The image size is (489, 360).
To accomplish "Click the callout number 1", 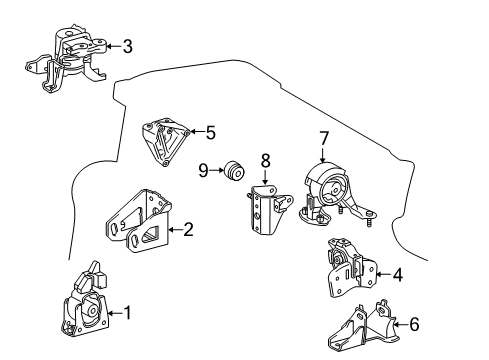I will click(126, 313).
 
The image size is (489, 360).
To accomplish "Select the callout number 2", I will click(187, 229).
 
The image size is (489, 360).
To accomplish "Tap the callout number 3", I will click(126, 45).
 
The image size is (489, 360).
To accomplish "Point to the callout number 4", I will click(397, 272).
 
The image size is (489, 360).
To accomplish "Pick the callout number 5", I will click(210, 131).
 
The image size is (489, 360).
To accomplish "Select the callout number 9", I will click(203, 171).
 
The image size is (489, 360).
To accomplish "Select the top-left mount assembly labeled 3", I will click(68, 59).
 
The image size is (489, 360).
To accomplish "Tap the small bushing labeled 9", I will click(236, 172).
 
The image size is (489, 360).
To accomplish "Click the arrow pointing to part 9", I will click(217, 171).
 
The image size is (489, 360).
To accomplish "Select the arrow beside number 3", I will click(111, 45).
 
